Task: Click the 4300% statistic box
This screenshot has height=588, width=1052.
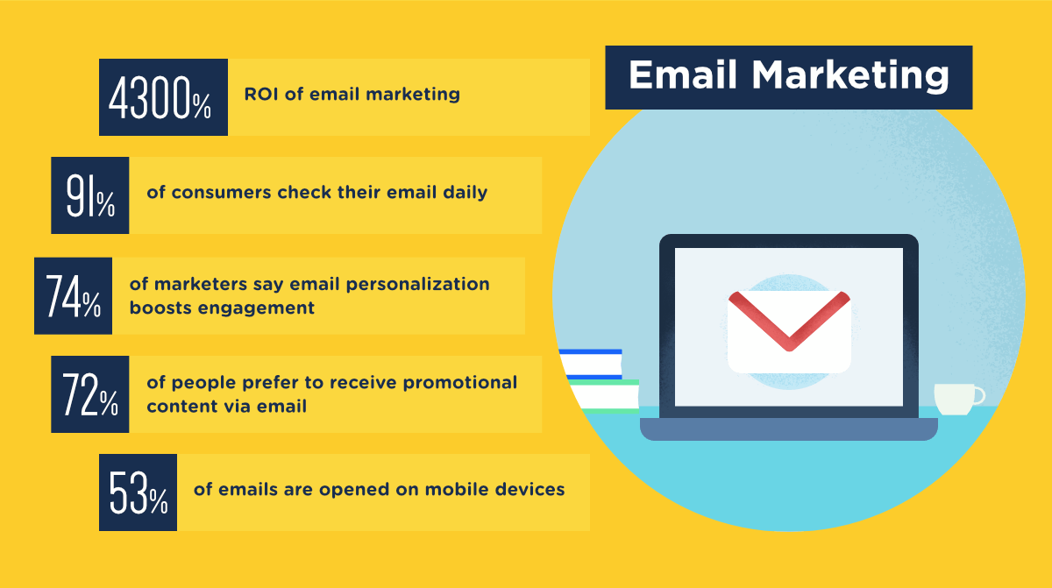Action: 163,97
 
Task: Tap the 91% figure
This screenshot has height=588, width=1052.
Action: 90,195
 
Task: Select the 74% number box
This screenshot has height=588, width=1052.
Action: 74,295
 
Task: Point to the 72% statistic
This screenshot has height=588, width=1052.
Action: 90,394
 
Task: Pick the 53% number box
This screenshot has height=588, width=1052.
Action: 139,492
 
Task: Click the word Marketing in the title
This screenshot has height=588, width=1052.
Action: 850,76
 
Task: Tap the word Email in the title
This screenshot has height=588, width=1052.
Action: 683,74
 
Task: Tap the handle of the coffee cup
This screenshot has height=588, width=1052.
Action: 978,395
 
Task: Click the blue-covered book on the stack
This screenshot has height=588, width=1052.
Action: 592,365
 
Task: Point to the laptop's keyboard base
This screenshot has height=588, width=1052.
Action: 789,429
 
